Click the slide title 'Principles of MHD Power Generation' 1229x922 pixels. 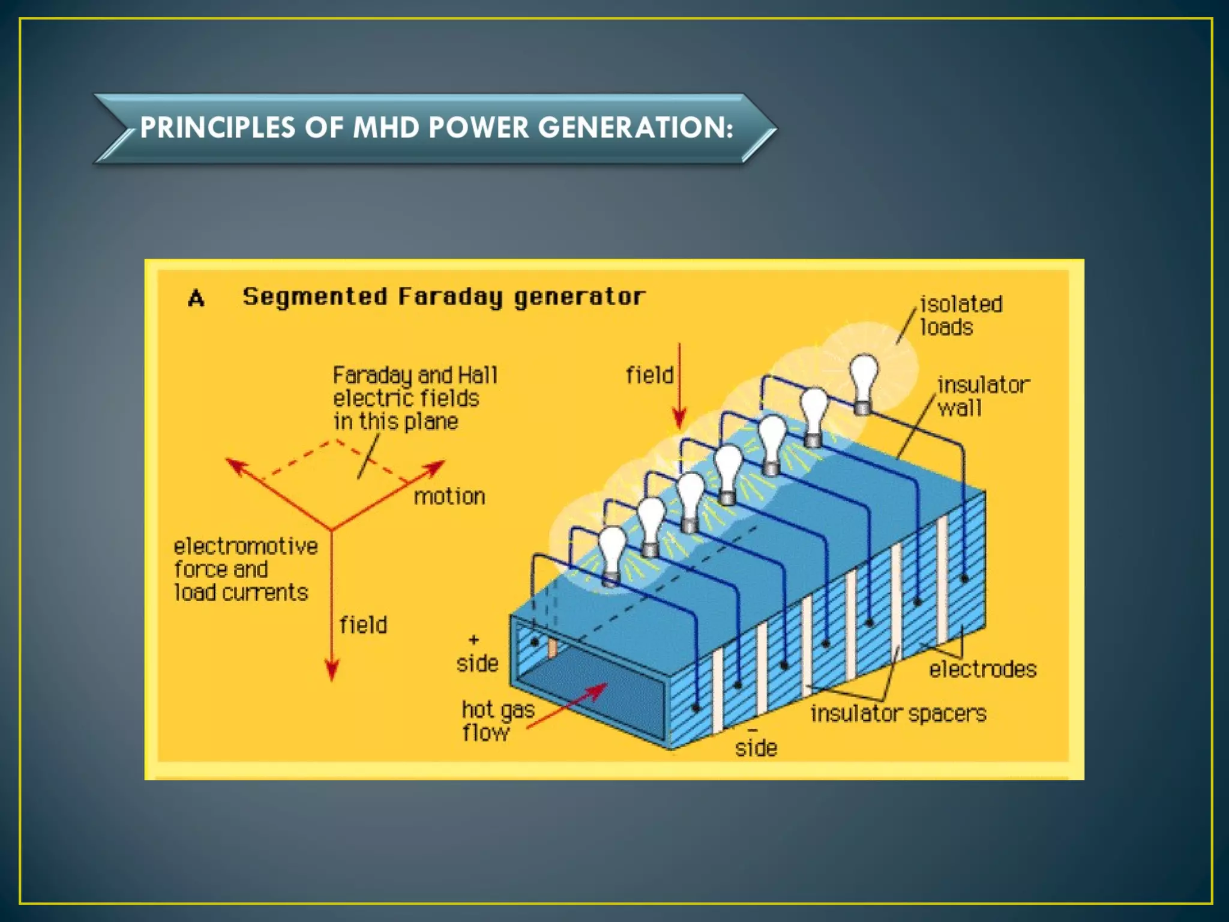[436, 127]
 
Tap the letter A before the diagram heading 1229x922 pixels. [196, 298]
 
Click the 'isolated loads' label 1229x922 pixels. [960, 316]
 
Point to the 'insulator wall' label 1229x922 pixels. [982, 396]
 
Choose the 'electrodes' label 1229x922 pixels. [982, 669]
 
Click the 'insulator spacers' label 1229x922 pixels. [898, 714]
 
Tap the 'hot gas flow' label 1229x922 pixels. [497, 721]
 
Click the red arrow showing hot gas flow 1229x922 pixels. [567, 706]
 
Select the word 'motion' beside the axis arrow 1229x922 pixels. [449, 497]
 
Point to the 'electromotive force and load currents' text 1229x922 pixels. [245, 569]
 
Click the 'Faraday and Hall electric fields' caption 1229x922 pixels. [415, 398]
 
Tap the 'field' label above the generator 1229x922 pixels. [649, 375]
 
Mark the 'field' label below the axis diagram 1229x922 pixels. [363, 625]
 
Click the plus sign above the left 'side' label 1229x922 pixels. [473, 640]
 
